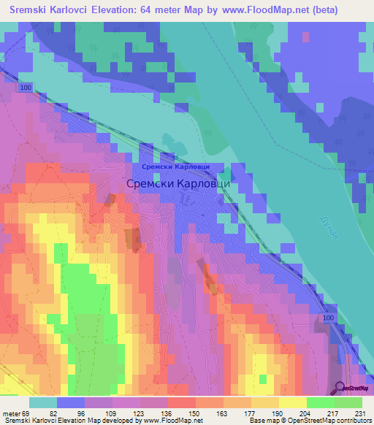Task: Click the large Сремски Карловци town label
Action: tap(179, 184)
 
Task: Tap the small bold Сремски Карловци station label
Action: tap(176, 166)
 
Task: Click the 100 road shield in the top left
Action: tap(26, 88)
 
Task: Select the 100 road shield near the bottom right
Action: tap(329, 319)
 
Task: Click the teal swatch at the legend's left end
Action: tap(43, 402)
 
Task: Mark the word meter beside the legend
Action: tap(11, 414)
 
